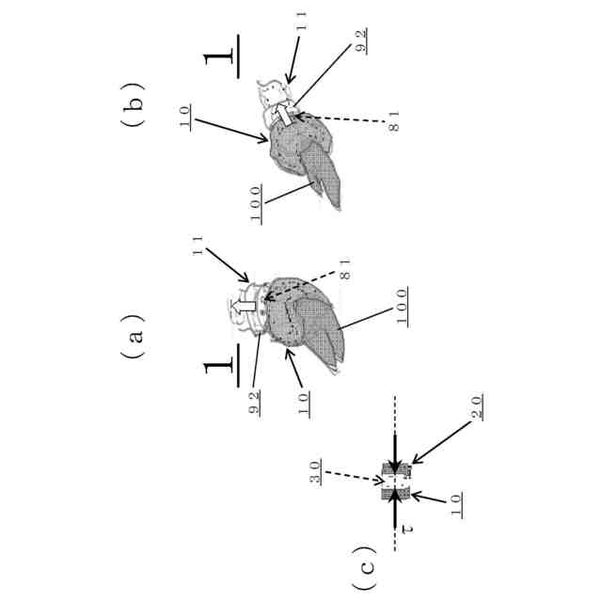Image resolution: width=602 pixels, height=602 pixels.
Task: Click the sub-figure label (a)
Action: coord(135,332)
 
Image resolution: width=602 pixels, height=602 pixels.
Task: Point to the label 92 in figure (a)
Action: coord(256,403)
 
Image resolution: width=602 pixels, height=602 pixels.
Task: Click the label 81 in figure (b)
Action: coord(394,122)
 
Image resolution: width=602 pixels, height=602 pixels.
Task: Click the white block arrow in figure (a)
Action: coord(243,307)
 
